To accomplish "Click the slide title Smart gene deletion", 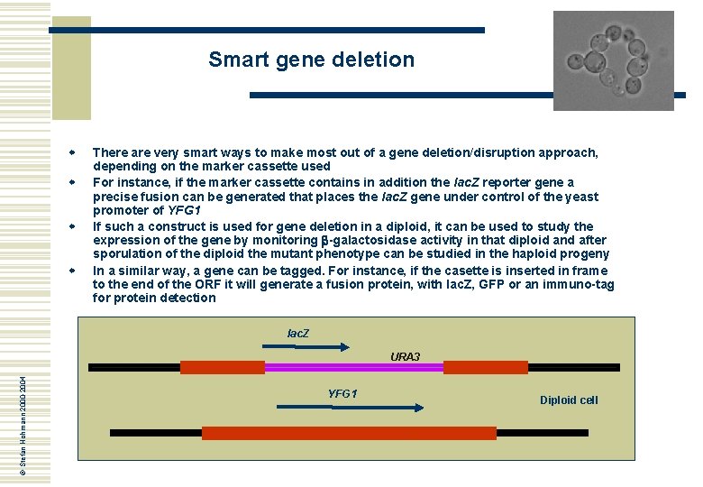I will [311, 60].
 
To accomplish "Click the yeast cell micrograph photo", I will [613, 60].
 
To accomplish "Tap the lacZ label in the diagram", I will [298, 334].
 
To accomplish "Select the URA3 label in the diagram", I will [405, 357].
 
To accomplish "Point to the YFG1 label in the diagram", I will [342, 394].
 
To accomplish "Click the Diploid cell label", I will [569, 400].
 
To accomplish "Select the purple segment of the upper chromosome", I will [354, 368].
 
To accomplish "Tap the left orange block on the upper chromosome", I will [223, 368].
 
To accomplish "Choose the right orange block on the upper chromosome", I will [472, 368].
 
